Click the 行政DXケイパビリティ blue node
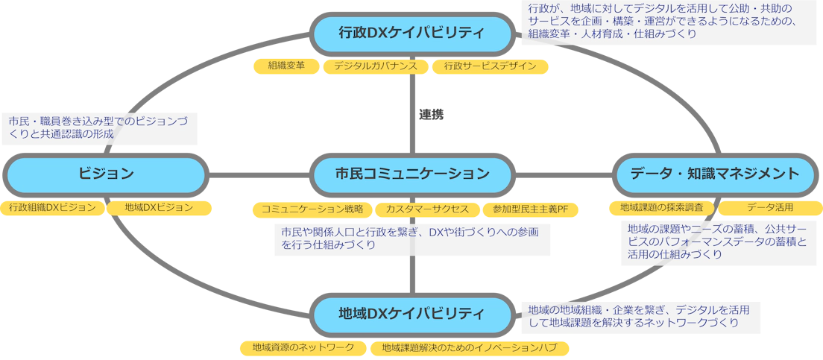pyautogui.click(x=411, y=34)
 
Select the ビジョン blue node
pyautogui.click(x=106, y=174)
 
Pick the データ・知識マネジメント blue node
pyautogui.click(x=715, y=174)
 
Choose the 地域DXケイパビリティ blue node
pyautogui.click(x=411, y=313)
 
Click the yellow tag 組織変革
pyautogui.click(x=286, y=66)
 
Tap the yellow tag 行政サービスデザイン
pyautogui.click(x=490, y=66)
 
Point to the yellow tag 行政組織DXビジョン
pyautogui.click(x=52, y=207)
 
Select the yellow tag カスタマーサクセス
pyautogui.click(x=427, y=209)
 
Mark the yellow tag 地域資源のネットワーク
pyautogui.click(x=303, y=348)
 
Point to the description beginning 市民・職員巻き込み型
pyautogui.click(x=101, y=127)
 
